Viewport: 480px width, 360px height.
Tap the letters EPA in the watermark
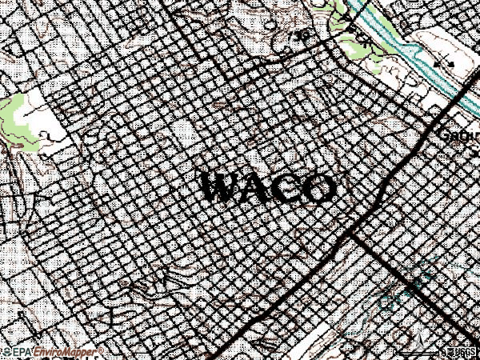[18, 352]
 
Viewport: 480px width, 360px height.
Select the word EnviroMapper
[61, 352]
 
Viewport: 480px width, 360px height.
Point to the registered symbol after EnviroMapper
[102, 350]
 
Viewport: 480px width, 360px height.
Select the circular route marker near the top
[302, 35]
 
